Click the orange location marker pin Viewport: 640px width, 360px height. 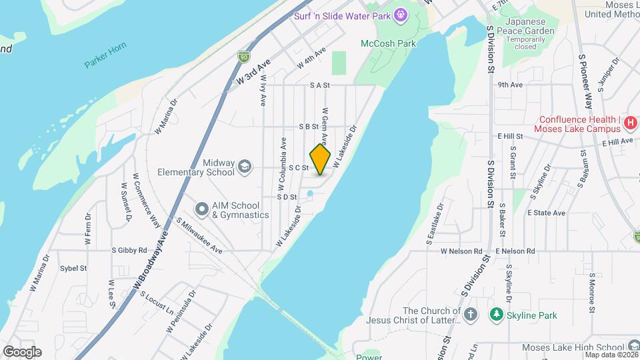click(x=321, y=159)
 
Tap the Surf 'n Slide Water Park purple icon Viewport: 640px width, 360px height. click(x=400, y=15)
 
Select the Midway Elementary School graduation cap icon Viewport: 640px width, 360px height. click(x=245, y=166)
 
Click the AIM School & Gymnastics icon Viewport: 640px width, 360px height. click(x=201, y=209)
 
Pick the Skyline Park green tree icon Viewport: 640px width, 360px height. click(x=495, y=313)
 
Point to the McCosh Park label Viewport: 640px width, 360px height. click(x=388, y=43)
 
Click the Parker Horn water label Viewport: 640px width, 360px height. click(x=105, y=63)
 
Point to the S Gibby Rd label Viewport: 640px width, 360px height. click(x=129, y=250)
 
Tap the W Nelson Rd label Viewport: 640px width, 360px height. click(x=461, y=251)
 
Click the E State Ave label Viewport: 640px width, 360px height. click(x=546, y=213)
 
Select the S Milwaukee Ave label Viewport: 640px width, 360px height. click(x=199, y=235)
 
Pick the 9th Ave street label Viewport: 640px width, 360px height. click(x=509, y=85)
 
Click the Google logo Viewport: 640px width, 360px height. click(x=22, y=351)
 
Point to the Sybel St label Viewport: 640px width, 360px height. click(x=73, y=268)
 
